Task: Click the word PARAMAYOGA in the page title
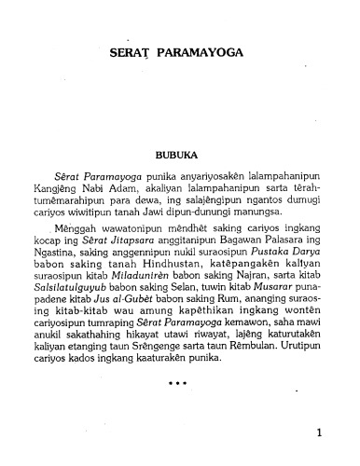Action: coord(201,54)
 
